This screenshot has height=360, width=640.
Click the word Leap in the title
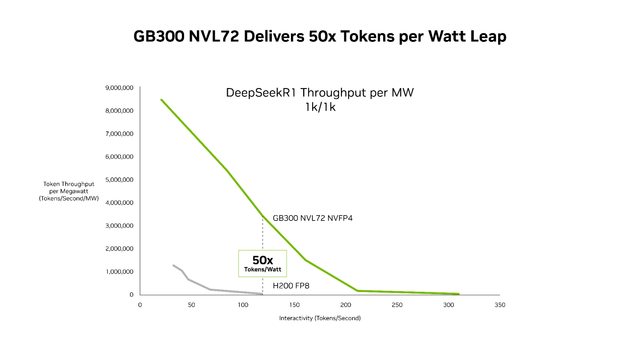(488, 36)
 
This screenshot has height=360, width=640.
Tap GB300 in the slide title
(159, 36)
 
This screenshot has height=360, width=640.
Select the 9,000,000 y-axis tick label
(119, 88)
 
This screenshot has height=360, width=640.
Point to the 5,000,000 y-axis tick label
(119, 180)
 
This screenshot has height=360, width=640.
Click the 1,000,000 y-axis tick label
(119, 272)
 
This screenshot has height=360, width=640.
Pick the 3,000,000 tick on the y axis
(119, 226)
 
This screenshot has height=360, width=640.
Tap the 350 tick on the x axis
(500, 305)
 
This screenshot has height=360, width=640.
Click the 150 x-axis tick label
(294, 305)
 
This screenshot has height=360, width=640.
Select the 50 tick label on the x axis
(191, 305)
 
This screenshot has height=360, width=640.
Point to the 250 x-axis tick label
(397, 305)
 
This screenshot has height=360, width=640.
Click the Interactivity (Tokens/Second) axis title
(320, 318)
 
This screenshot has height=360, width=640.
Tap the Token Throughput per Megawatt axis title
(69, 191)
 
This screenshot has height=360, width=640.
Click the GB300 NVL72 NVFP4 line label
(312, 218)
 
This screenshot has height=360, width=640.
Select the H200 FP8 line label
(291, 286)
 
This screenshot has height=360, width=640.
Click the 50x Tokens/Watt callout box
(263, 263)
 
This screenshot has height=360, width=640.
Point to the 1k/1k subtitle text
(320, 107)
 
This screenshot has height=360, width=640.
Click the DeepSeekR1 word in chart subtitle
(262, 93)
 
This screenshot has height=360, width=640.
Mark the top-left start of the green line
(161, 100)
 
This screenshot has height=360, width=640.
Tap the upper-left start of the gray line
(173, 265)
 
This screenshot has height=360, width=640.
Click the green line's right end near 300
(458, 294)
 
